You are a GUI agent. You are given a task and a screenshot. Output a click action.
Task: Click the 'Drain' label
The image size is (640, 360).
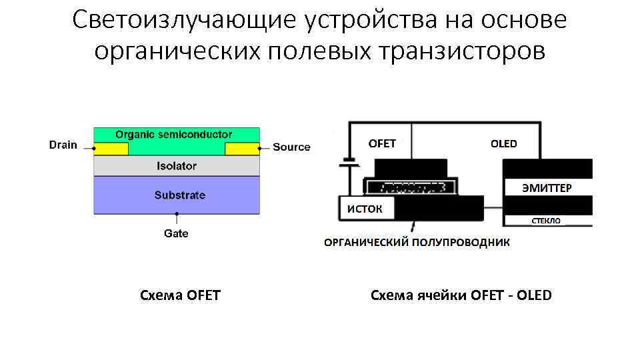[x=63, y=145]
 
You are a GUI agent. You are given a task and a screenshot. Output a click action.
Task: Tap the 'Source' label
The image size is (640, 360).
[x=291, y=147]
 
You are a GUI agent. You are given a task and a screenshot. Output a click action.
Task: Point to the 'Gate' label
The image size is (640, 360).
[x=176, y=233]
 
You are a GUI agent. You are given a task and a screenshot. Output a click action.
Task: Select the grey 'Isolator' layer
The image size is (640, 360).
[x=177, y=165]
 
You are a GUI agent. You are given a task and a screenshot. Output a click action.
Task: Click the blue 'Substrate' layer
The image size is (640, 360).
[x=177, y=195]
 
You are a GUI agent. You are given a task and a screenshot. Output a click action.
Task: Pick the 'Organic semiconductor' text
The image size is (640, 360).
[x=174, y=134]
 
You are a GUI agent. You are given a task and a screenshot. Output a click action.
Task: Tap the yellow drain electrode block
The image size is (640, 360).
[x=111, y=149]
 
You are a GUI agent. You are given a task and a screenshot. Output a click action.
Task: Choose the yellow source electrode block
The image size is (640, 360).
[x=242, y=149]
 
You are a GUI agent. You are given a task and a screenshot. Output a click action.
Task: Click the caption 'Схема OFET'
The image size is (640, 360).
[x=180, y=295]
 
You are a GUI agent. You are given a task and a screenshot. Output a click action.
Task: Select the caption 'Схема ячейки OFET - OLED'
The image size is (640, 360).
[x=461, y=295]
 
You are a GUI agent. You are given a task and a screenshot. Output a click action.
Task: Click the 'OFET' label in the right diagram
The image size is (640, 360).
[x=382, y=143]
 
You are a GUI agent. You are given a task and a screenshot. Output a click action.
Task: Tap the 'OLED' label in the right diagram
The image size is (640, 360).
[x=503, y=143]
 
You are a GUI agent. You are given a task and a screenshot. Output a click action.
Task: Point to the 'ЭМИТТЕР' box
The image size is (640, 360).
[x=547, y=187]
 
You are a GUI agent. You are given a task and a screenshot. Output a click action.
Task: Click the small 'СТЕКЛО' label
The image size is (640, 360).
[x=545, y=221]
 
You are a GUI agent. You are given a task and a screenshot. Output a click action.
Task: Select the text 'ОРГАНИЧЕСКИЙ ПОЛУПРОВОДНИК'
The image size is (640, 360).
[x=417, y=243]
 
